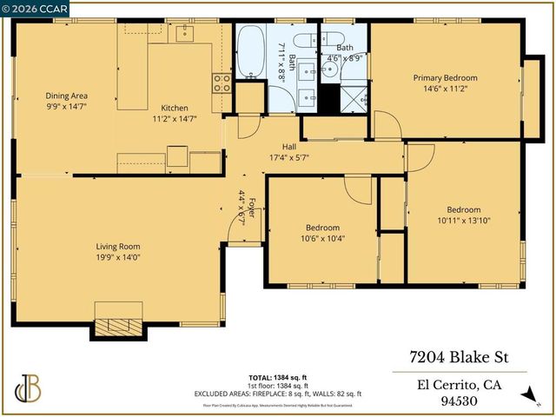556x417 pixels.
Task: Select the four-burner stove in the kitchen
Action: tap(222, 83)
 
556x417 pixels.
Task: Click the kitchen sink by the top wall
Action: tap(184, 33)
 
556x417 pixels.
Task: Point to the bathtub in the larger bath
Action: tap(252, 54)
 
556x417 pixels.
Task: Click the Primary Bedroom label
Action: tap(445, 77)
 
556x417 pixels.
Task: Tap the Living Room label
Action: tap(117, 246)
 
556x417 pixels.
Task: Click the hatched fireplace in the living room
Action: tap(117, 326)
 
